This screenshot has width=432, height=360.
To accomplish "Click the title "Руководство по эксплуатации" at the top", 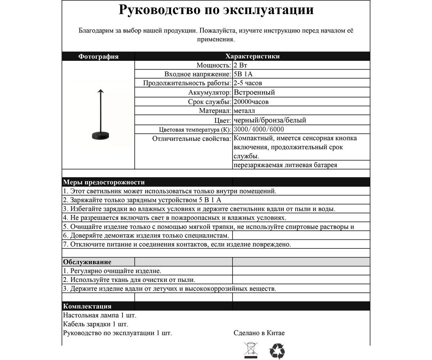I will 216,10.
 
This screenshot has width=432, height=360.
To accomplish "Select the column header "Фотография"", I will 98,57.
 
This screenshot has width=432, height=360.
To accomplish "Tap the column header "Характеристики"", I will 252,57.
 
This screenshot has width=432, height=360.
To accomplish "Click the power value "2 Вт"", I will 240,66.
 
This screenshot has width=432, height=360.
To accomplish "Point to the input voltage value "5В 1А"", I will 243,75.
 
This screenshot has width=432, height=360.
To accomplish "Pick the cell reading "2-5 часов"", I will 248,84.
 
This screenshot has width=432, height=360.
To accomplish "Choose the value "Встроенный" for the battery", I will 254,93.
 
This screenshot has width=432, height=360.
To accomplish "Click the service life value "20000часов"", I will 251,102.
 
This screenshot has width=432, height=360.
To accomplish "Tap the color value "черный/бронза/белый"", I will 270,120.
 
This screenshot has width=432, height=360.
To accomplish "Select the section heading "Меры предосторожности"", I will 104,182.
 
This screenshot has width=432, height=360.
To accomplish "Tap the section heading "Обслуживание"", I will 87,262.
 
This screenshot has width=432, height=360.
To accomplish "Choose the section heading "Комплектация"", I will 87,306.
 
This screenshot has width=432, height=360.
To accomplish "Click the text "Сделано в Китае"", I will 259,333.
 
